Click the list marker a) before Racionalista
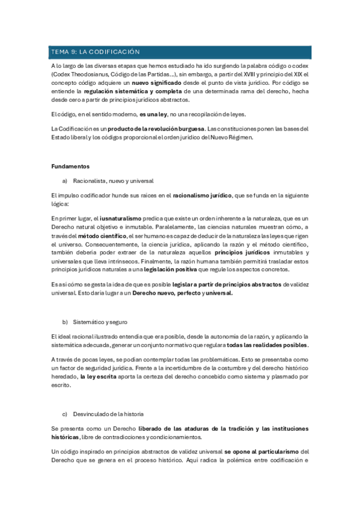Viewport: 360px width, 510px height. [66, 180]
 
